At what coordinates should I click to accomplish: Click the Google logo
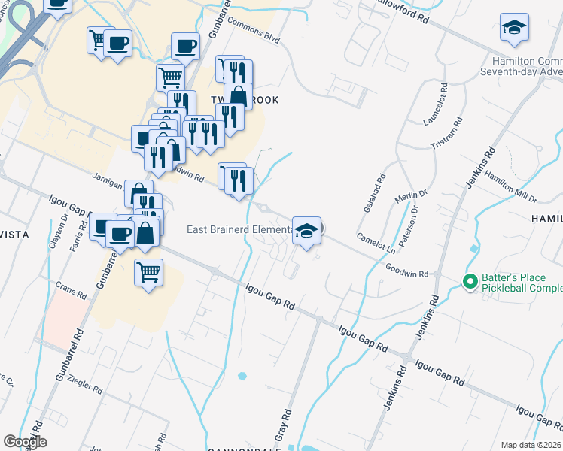click(x=25, y=442)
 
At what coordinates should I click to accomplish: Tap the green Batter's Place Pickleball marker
click(x=470, y=282)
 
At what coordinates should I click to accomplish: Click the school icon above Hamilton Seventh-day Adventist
click(x=514, y=28)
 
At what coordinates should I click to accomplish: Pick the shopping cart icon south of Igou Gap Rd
click(x=149, y=272)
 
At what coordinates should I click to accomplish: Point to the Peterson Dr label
click(x=413, y=227)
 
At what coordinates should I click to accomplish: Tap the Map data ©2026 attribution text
click(x=531, y=445)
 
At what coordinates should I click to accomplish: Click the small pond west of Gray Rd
click(x=242, y=375)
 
